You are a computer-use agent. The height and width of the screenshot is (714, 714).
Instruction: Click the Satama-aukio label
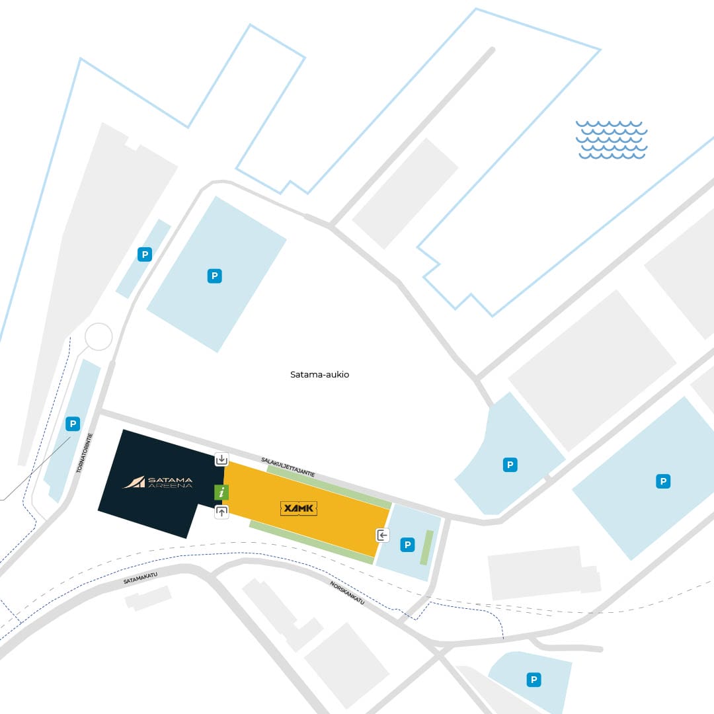[320, 374]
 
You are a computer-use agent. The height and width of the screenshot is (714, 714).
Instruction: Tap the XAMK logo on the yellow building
[299, 508]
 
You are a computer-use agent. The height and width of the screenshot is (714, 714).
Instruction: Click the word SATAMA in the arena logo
[171, 479]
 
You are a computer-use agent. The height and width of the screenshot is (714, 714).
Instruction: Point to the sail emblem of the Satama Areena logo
[134, 482]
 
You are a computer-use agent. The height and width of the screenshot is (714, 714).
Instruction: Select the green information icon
[221, 493]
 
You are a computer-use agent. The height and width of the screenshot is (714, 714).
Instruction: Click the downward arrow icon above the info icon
[221, 459]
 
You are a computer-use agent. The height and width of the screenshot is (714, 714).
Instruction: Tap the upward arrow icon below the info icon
[221, 512]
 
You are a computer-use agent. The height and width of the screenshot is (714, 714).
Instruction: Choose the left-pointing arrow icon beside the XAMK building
[383, 535]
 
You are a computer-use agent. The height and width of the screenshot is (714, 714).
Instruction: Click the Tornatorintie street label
[84, 453]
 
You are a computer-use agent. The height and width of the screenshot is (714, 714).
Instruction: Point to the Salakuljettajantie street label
[288, 467]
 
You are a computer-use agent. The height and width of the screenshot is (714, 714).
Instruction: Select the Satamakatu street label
[140, 578]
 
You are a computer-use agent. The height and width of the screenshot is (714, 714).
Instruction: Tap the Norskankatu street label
[348, 593]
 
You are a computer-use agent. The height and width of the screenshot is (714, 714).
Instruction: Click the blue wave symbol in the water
[611, 139]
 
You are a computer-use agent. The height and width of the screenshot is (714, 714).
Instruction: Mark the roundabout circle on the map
[99, 337]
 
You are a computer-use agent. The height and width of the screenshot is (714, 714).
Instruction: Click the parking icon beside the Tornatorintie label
[73, 424]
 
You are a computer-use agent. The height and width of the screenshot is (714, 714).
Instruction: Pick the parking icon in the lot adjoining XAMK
[407, 545]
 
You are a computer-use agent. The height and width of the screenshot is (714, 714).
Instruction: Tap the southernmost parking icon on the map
[534, 680]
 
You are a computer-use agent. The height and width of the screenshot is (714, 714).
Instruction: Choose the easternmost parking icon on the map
[663, 481]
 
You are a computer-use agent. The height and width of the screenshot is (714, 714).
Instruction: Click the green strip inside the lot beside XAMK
[426, 548]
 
